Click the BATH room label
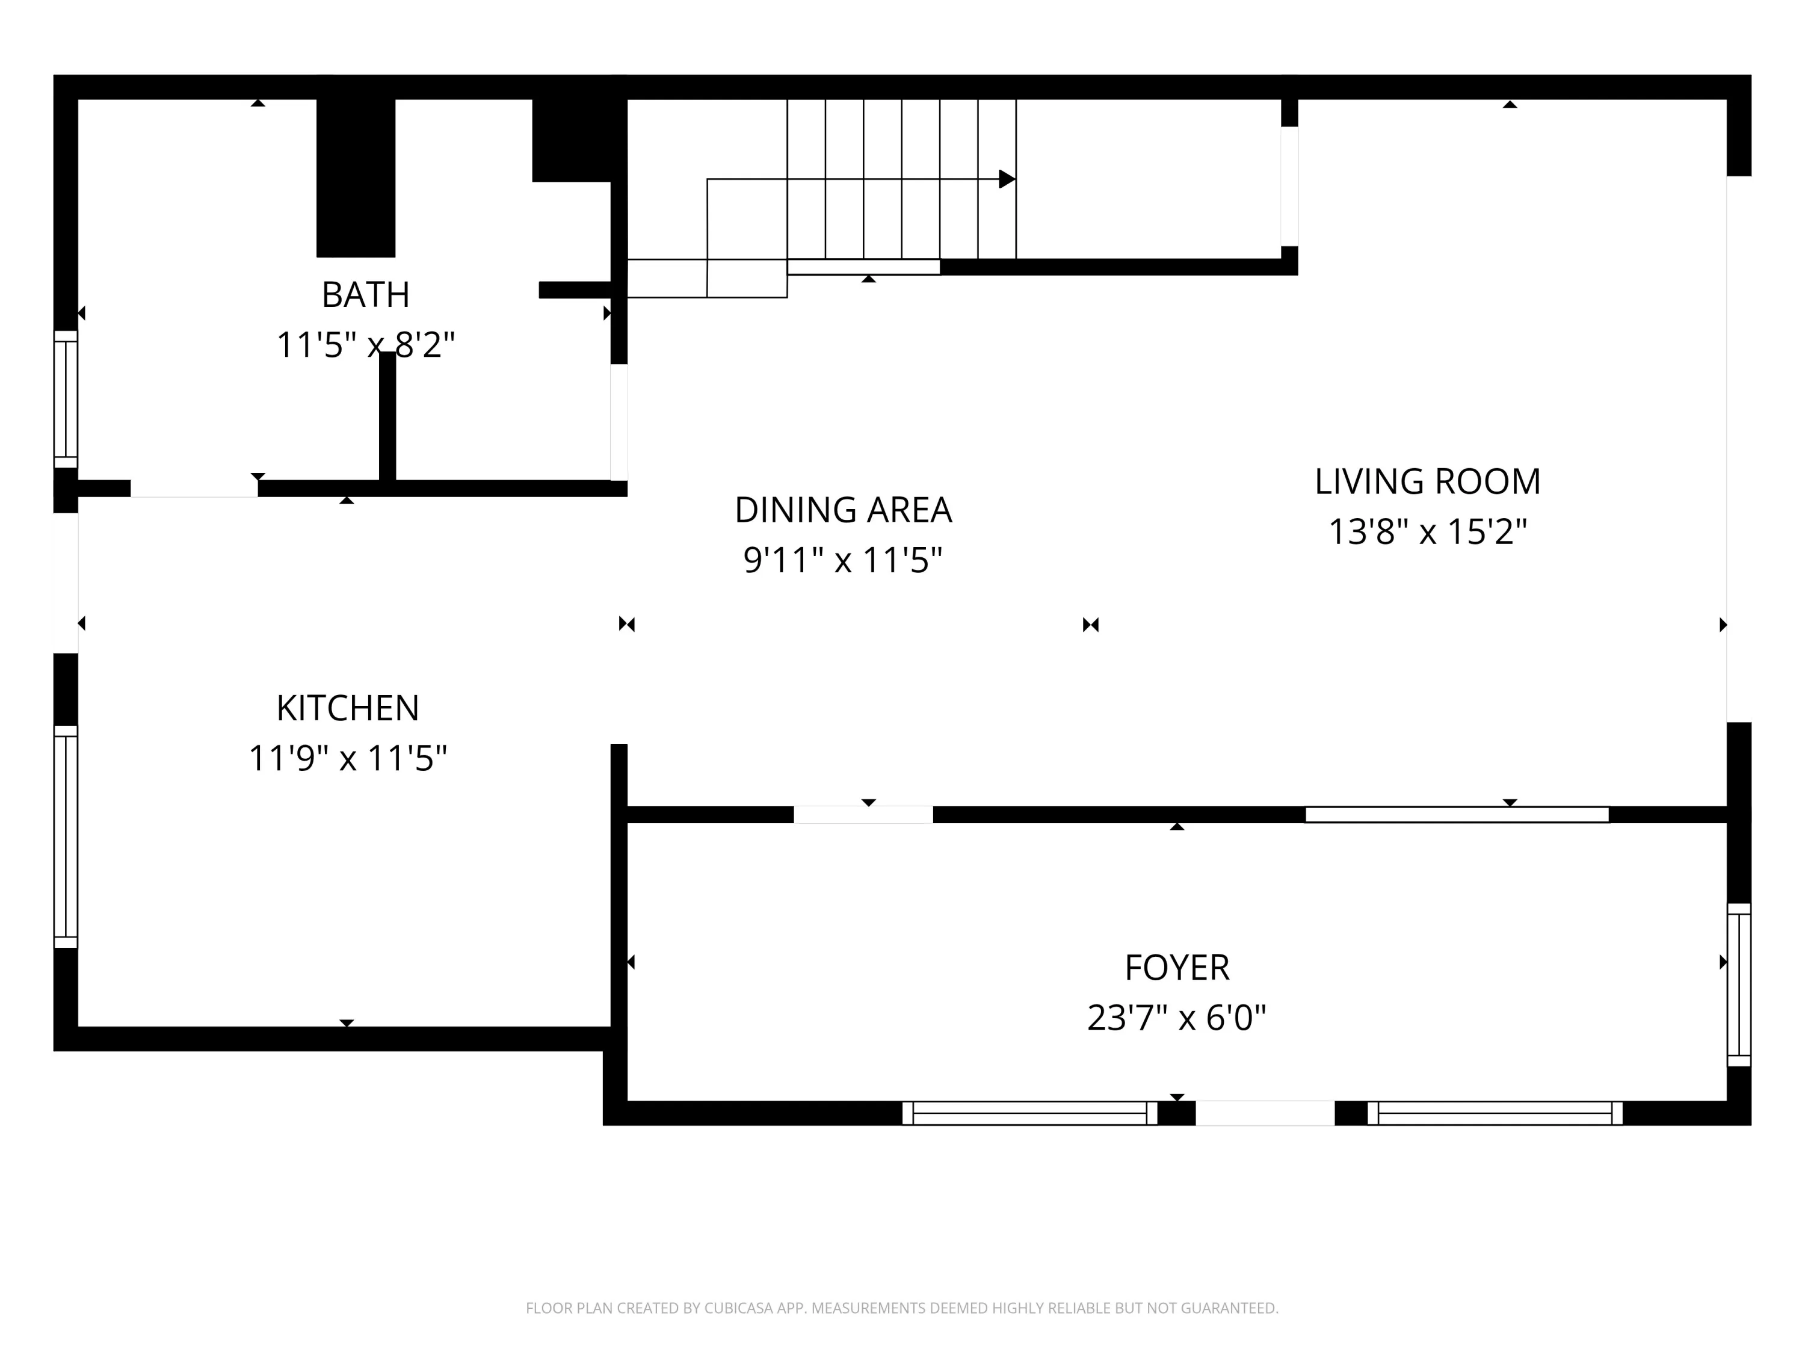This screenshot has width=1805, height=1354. click(x=366, y=295)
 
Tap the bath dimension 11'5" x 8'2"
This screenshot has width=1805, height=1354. click(x=366, y=344)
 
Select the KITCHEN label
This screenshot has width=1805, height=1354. click(x=348, y=708)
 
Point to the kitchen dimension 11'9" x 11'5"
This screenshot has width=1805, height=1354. click(x=348, y=758)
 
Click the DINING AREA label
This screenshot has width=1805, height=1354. click(x=843, y=510)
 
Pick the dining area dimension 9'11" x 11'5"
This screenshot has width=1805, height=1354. click(x=843, y=561)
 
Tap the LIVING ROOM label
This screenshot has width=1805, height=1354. click(x=1427, y=481)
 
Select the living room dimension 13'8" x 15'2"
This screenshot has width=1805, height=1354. click(x=1427, y=532)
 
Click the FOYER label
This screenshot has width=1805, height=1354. click(x=1177, y=967)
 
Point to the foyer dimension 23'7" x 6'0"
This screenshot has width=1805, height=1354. click(x=1177, y=1018)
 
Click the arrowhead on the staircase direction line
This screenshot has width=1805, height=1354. click(x=1008, y=179)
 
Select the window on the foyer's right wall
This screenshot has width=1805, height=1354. click(x=1739, y=985)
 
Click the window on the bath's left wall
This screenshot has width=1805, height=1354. click(x=65, y=399)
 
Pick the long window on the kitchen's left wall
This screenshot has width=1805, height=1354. click(x=65, y=836)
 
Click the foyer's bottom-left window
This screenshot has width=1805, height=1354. click(x=1030, y=1113)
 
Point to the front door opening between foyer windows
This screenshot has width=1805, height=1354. click(x=1265, y=1113)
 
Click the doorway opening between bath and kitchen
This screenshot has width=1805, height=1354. click(x=194, y=488)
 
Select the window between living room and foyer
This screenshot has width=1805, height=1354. click(x=1457, y=815)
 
